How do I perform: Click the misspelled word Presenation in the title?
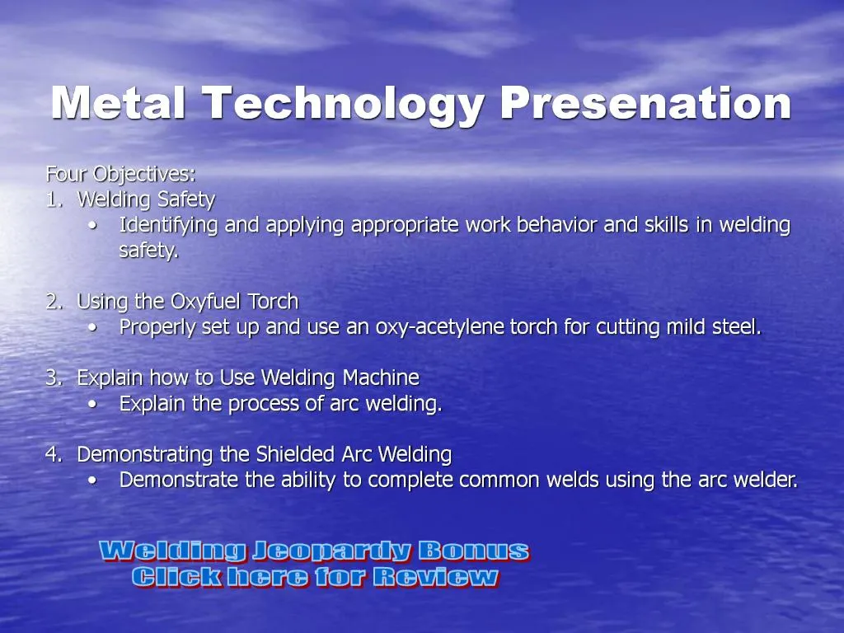point(645,104)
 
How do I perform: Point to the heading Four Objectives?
point(120,174)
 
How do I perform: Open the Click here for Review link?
point(315,577)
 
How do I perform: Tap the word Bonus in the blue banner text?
point(473,551)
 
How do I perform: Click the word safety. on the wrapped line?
point(148,251)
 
